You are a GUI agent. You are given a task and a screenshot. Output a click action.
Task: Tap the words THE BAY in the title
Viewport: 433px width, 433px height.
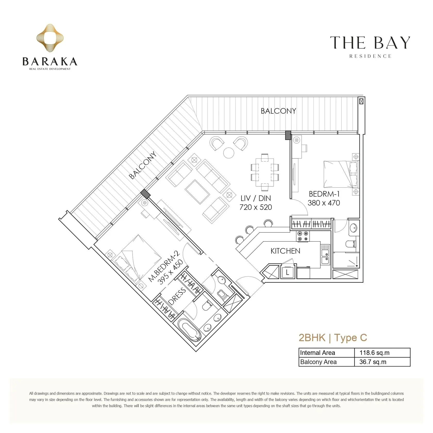point(370,43)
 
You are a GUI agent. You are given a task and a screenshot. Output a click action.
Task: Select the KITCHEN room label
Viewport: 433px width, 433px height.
point(285,251)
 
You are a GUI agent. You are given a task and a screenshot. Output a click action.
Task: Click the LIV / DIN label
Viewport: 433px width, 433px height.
point(256,198)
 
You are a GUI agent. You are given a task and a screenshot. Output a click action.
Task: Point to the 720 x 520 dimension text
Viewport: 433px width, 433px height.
point(256,207)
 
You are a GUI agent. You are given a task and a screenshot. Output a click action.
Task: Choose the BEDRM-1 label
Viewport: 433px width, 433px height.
point(324,194)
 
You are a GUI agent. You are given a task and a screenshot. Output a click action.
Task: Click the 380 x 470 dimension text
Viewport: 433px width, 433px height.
point(324,203)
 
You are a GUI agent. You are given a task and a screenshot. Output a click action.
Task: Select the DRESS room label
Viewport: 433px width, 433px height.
point(177,296)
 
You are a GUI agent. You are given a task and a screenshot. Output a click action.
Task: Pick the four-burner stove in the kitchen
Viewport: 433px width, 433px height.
point(303,236)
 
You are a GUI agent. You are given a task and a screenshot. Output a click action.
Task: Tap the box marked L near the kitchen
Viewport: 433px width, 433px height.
point(288,272)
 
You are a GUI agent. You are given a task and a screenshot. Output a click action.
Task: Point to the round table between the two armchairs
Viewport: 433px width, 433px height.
point(229,153)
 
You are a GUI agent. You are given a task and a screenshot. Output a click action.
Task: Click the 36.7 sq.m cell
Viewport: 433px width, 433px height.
point(373,362)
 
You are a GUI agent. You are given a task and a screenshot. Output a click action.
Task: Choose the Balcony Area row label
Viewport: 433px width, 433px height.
point(318,362)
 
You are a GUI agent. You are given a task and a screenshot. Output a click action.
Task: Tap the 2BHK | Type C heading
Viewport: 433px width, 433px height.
point(333,337)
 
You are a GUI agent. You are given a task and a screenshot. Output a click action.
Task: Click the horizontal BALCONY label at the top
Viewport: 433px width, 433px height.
point(278,111)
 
